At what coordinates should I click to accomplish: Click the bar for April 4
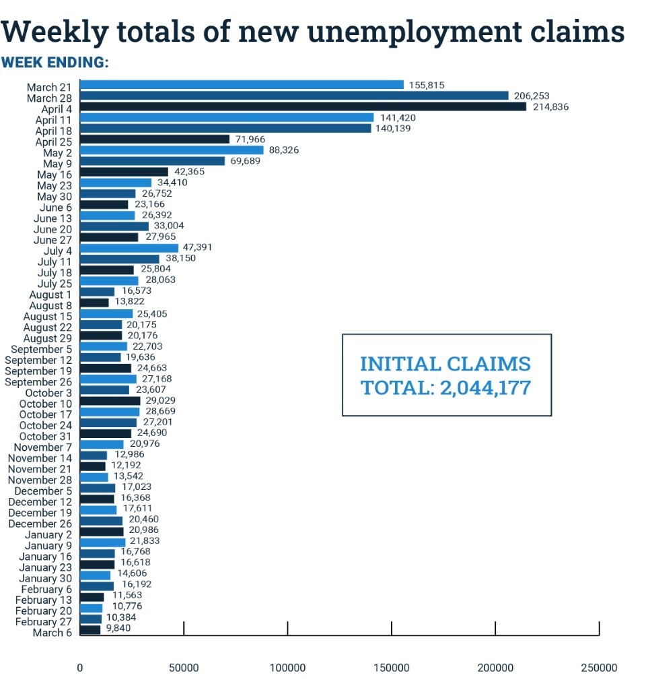point(303,106)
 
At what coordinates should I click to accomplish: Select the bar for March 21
point(242,85)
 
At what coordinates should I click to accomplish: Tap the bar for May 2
point(172,150)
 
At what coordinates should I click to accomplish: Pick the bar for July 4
point(129,248)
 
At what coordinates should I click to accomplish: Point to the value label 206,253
point(532,96)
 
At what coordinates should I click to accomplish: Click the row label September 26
point(39,382)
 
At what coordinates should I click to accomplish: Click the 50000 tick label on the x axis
point(184,668)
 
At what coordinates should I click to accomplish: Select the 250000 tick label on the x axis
point(599,668)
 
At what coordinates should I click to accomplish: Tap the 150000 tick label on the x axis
point(391,668)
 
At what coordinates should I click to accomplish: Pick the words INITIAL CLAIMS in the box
point(445,365)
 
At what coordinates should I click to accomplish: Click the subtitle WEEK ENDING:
point(55,63)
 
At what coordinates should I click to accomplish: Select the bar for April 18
point(225,128)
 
